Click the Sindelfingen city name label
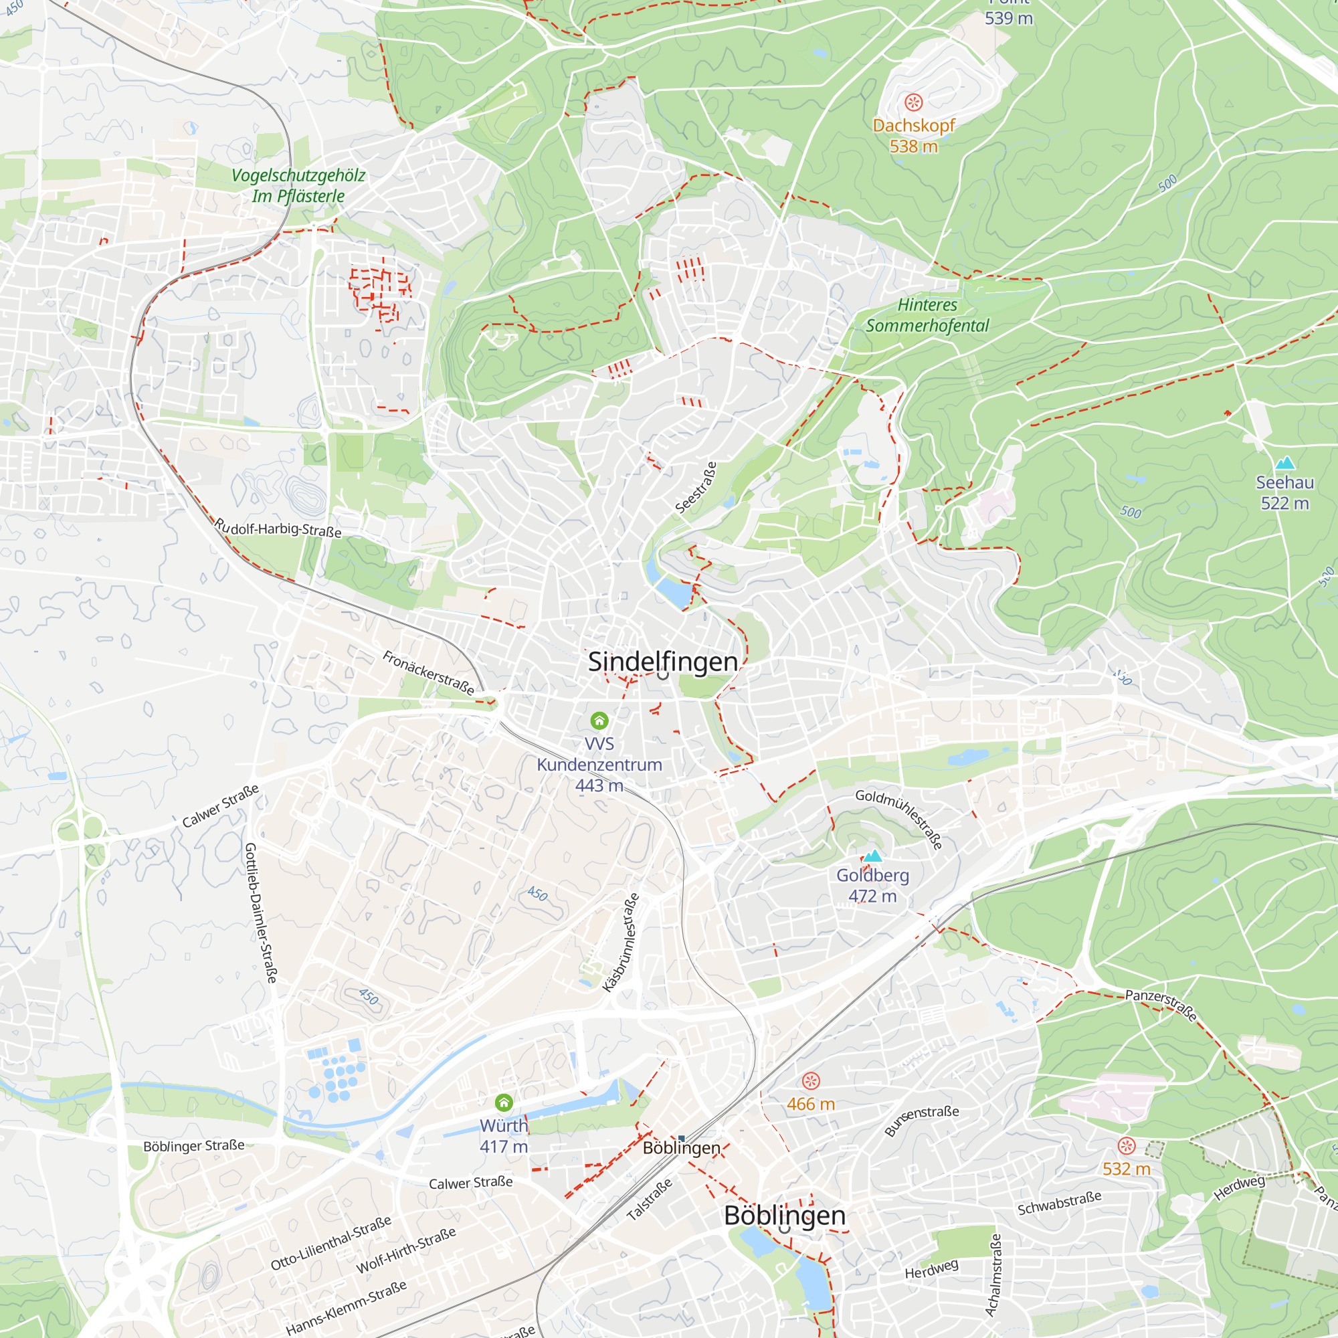pos(663,662)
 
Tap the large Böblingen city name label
pos(784,1216)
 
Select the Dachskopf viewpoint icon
pos(913,103)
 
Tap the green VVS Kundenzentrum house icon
pos(599,721)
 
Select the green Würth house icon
pos(504,1102)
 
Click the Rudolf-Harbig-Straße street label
pos(278,528)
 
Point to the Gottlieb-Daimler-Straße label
pos(260,912)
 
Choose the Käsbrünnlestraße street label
pos(621,942)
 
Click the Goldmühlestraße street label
pos(899,819)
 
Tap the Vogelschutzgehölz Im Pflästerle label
pos(298,185)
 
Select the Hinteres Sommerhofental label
pos(927,315)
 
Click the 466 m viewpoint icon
pos(810,1081)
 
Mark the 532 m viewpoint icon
pos(1126,1145)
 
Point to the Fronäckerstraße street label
pos(429,673)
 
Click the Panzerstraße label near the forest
pos(1161,1005)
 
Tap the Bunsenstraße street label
pos(922,1121)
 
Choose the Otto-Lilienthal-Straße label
pos(330,1243)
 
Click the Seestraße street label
pos(695,488)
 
